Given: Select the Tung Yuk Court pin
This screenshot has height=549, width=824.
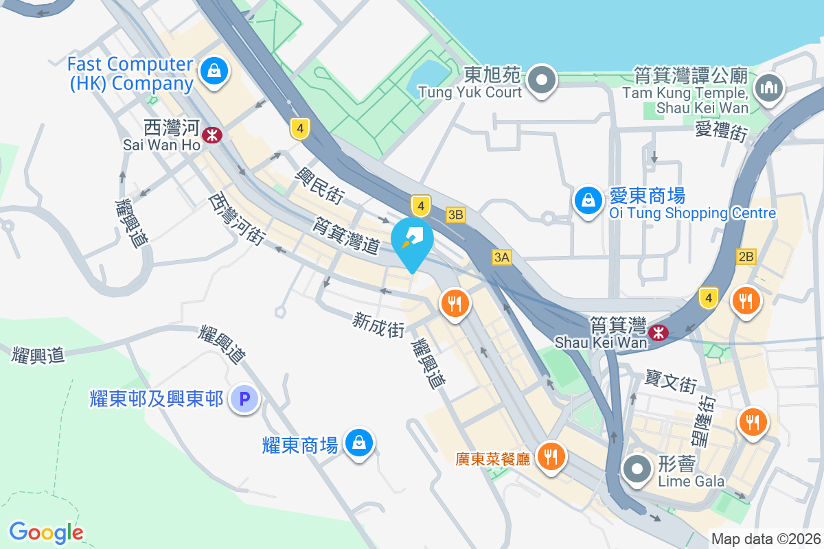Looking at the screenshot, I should point(542,79).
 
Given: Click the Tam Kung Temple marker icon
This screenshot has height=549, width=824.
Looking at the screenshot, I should point(769,88).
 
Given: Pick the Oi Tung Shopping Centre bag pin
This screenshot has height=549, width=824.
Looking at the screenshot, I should point(588,201).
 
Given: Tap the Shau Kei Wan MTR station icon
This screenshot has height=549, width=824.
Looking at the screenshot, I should point(659,333).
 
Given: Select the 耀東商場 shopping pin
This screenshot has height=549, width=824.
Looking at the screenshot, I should point(359,443).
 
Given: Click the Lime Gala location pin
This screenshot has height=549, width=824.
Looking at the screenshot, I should point(637,469).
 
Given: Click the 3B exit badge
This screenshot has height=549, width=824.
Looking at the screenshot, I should point(455,215).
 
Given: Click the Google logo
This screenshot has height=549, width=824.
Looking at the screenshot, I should point(46,532).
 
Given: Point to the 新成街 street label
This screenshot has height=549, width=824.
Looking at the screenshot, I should point(378,324).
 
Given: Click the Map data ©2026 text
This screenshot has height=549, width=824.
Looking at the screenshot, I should point(766,539).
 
